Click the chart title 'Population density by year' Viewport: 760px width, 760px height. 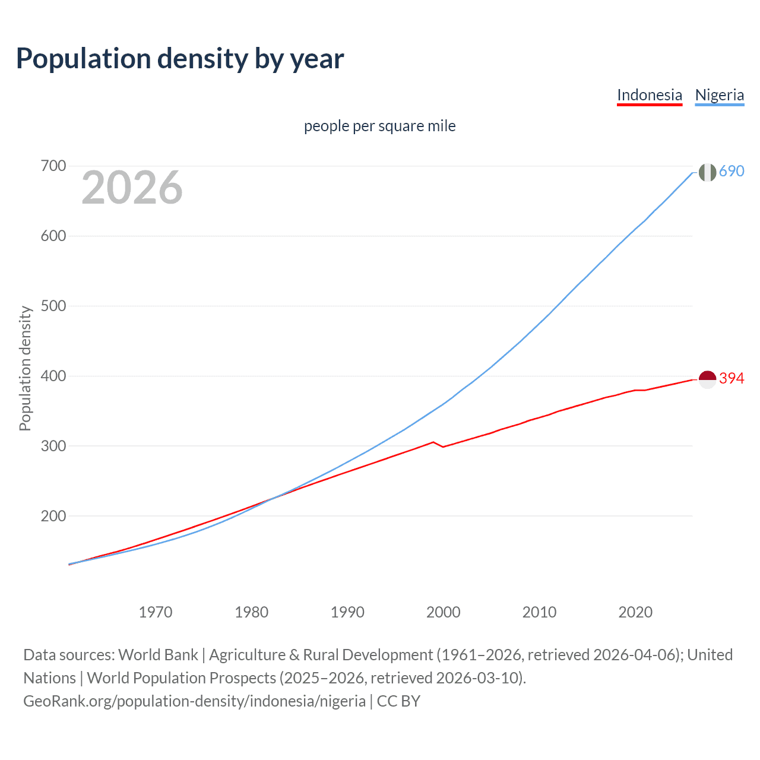pyautogui.click(x=180, y=59)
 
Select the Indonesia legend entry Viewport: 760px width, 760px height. pyautogui.click(x=650, y=95)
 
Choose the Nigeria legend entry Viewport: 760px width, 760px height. pyautogui.click(x=719, y=95)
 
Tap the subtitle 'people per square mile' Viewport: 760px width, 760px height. pyautogui.click(x=379, y=126)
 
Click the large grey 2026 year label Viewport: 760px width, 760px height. pyautogui.click(x=132, y=188)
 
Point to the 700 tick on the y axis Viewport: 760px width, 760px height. pyautogui.click(x=53, y=166)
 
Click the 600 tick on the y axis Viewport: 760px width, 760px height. pyautogui.click(x=53, y=236)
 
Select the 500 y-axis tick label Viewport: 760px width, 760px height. pyautogui.click(x=53, y=306)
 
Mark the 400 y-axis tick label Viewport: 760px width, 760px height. pyautogui.click(x=53, y=376)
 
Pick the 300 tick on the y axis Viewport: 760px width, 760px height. pyautogui.click(x=53, y=446)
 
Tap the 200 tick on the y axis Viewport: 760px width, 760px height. pyautogui.click(x=53, y=516)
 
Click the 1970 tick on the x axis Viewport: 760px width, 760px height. pyautogui.click(x=156, y=612)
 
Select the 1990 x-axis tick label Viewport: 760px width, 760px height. pyautogui.click(x=347, y=612)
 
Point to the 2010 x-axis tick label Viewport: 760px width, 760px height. pyautogui.click(x=539, y=612)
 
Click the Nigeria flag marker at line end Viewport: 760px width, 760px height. pyautogui.click(x=707, y=172)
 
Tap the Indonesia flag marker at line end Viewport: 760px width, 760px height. pyautogui.click(x=707, y=379)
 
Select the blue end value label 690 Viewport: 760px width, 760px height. pyautogui.click(x=731, y=171)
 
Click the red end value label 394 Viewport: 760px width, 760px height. pyautogui.click(x=731, y=378)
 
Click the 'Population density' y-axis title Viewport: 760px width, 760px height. pyautogui.click(x=25, y=368)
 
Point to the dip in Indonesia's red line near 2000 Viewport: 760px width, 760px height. pyautogui.click(x=443, y=446)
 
